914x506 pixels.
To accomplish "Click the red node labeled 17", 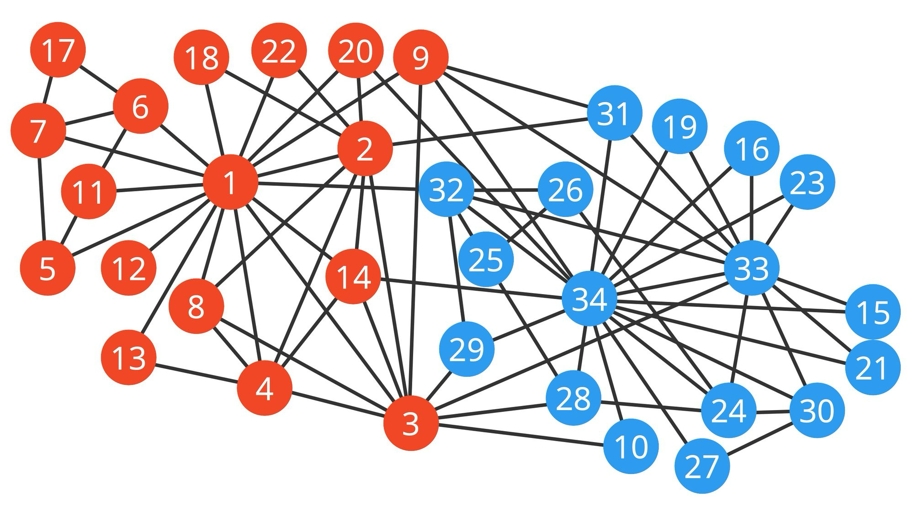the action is coord(58,50).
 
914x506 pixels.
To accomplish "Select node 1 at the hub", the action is coord(230,182).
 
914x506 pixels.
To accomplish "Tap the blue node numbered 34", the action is coord(590,299).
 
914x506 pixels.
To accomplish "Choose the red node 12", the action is coord(128,268).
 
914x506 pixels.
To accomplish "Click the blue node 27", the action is coord(702,466).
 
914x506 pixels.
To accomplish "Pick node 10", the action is coord(631,446).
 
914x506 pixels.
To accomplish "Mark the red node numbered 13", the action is coord(128,357).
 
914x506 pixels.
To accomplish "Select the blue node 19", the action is coord(680,126).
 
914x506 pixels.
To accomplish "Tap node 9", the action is coord(420,57).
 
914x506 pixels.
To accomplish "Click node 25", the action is coord(486,259).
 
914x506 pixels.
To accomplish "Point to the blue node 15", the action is coord(872,312).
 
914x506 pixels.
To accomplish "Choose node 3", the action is coord(411,423).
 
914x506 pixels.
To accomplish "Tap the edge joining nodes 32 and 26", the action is coord(506,189).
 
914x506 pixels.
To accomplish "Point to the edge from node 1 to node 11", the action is coord(160,188).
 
